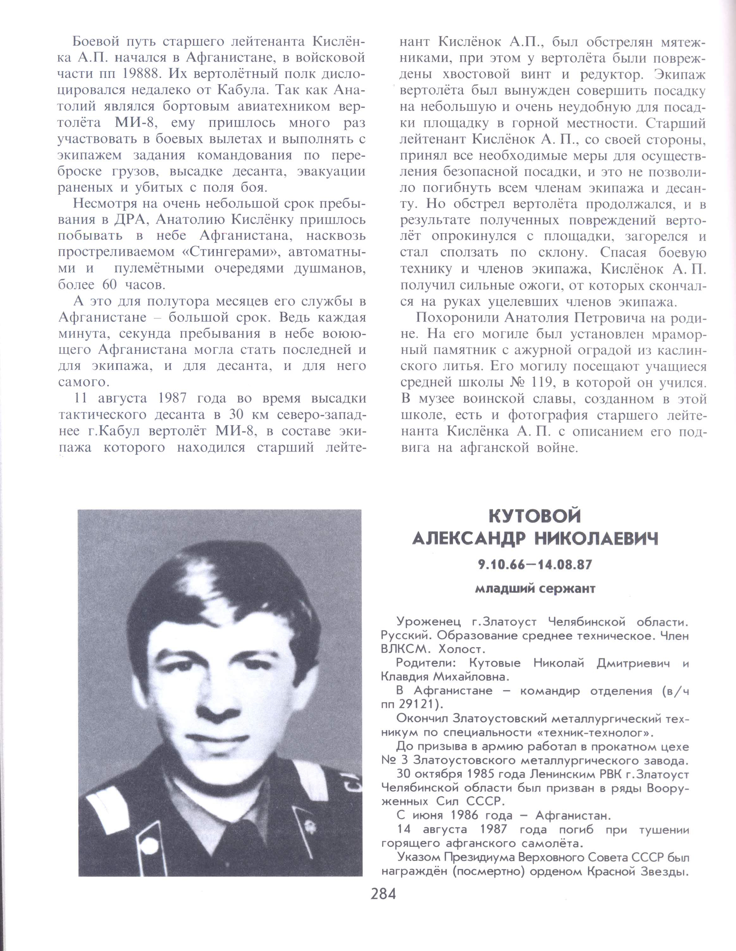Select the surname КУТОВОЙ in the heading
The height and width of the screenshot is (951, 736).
click(535, 517)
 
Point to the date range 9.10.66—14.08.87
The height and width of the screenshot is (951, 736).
click(535, 565)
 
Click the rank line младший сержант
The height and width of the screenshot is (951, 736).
click(535, 589)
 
